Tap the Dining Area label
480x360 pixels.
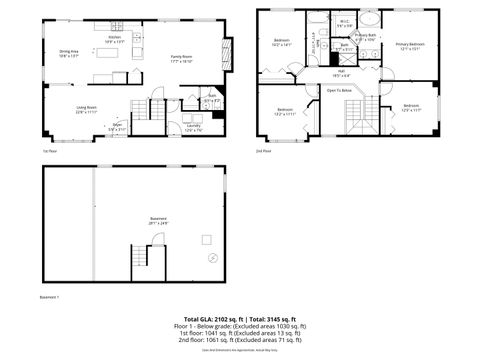69,53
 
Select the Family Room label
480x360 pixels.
180,59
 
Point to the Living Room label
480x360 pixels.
87,111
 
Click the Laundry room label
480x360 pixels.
193,127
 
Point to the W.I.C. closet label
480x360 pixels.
343,24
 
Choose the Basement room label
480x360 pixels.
158,221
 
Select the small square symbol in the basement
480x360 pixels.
207,238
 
